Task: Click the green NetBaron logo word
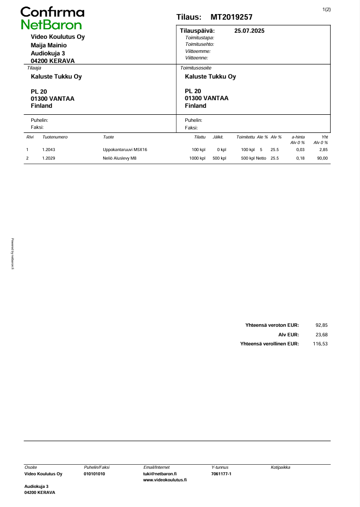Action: pyautogui.click(x=51, y=25)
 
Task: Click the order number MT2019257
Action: pyautogui.click(x=232, y=17)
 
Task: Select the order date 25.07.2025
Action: pyautogui.click(x=249, y=31)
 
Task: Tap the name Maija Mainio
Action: pyautogui.click(x=49, y=45)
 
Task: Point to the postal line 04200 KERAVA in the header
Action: pyautogui.click(x=53, y=61)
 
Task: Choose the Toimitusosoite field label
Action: pyautogui.click(x=196, y=67)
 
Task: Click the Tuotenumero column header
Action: pyautogui.click(x=55, y=137)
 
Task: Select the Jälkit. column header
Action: pyautogui.click(x=219, y=137)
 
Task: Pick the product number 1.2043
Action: pyautogui.click(x=48, y=150)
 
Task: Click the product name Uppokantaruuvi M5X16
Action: pyautogui.click(x=125, y=150)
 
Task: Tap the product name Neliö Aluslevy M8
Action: pyautogui.click(x=119, y=158)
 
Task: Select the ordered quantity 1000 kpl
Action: pyautogui.click(x=197, y=158)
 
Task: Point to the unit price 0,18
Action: pyautogui.click(x=300, y=158)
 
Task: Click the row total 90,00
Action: pyautogui.click(x=322, y=158)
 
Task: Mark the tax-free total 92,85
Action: pyautogui.click(x=321, y=325)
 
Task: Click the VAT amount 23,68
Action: pyautogui.click(x=321, y=334)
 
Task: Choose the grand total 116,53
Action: pyautogui.click(x=320, y=343)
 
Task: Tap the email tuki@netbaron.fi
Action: pyautogui.click(x=160, y=474)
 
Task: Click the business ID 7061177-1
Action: pyautogui.click(x=222, y=474)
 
